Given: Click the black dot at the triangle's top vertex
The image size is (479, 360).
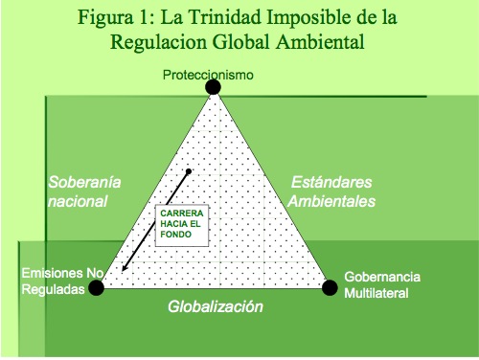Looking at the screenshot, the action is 213,87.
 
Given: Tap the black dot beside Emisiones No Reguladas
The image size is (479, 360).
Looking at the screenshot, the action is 96,287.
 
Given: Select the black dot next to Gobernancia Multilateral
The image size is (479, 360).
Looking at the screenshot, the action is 330,287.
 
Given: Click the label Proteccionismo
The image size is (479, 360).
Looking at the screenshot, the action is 208,75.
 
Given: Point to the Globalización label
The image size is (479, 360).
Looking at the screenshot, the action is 216,306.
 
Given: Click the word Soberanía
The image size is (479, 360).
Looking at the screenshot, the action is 84,182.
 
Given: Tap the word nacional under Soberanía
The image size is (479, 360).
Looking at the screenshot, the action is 78,201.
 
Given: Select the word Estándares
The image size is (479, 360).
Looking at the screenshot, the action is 331,182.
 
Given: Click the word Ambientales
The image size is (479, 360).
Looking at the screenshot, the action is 331,201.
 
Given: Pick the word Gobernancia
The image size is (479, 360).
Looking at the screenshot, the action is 382,277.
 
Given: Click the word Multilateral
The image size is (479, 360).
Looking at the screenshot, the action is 376,293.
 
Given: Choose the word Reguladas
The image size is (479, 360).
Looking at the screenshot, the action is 53,289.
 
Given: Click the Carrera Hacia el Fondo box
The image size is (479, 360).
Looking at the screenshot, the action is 182,225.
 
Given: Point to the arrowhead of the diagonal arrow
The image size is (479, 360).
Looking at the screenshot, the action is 124,268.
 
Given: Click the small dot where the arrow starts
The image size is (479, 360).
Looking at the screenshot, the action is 189,171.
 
